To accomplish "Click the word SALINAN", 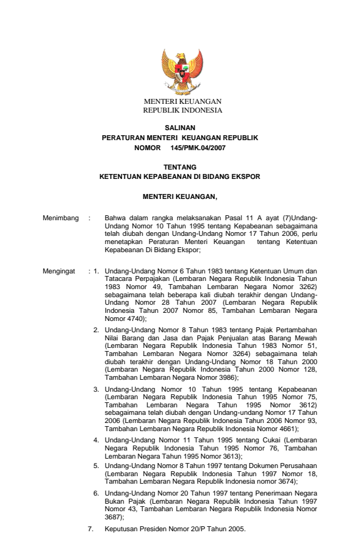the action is (x=180, y=128).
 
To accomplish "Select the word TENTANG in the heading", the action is (x=180, y=168).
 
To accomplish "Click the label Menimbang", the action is (x=60, y=218).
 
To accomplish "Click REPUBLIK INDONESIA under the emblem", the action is (x=182, y=109).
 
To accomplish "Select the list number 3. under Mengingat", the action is (x=96, y=389).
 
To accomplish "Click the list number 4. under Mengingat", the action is (x=96, y=440).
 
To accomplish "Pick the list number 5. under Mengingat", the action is (x=96, y=466).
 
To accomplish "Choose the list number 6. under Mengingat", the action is (x=96, y=493).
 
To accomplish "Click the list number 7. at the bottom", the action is (x=91, y=529).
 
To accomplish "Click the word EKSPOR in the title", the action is (x=246, y=177).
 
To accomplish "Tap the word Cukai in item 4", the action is (x=270, y=440).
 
